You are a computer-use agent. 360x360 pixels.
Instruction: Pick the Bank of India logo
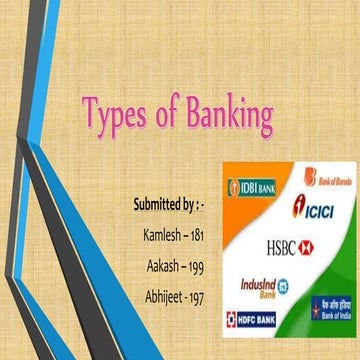[331, 307]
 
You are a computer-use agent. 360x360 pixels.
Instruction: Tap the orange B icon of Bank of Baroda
[309, 178]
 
